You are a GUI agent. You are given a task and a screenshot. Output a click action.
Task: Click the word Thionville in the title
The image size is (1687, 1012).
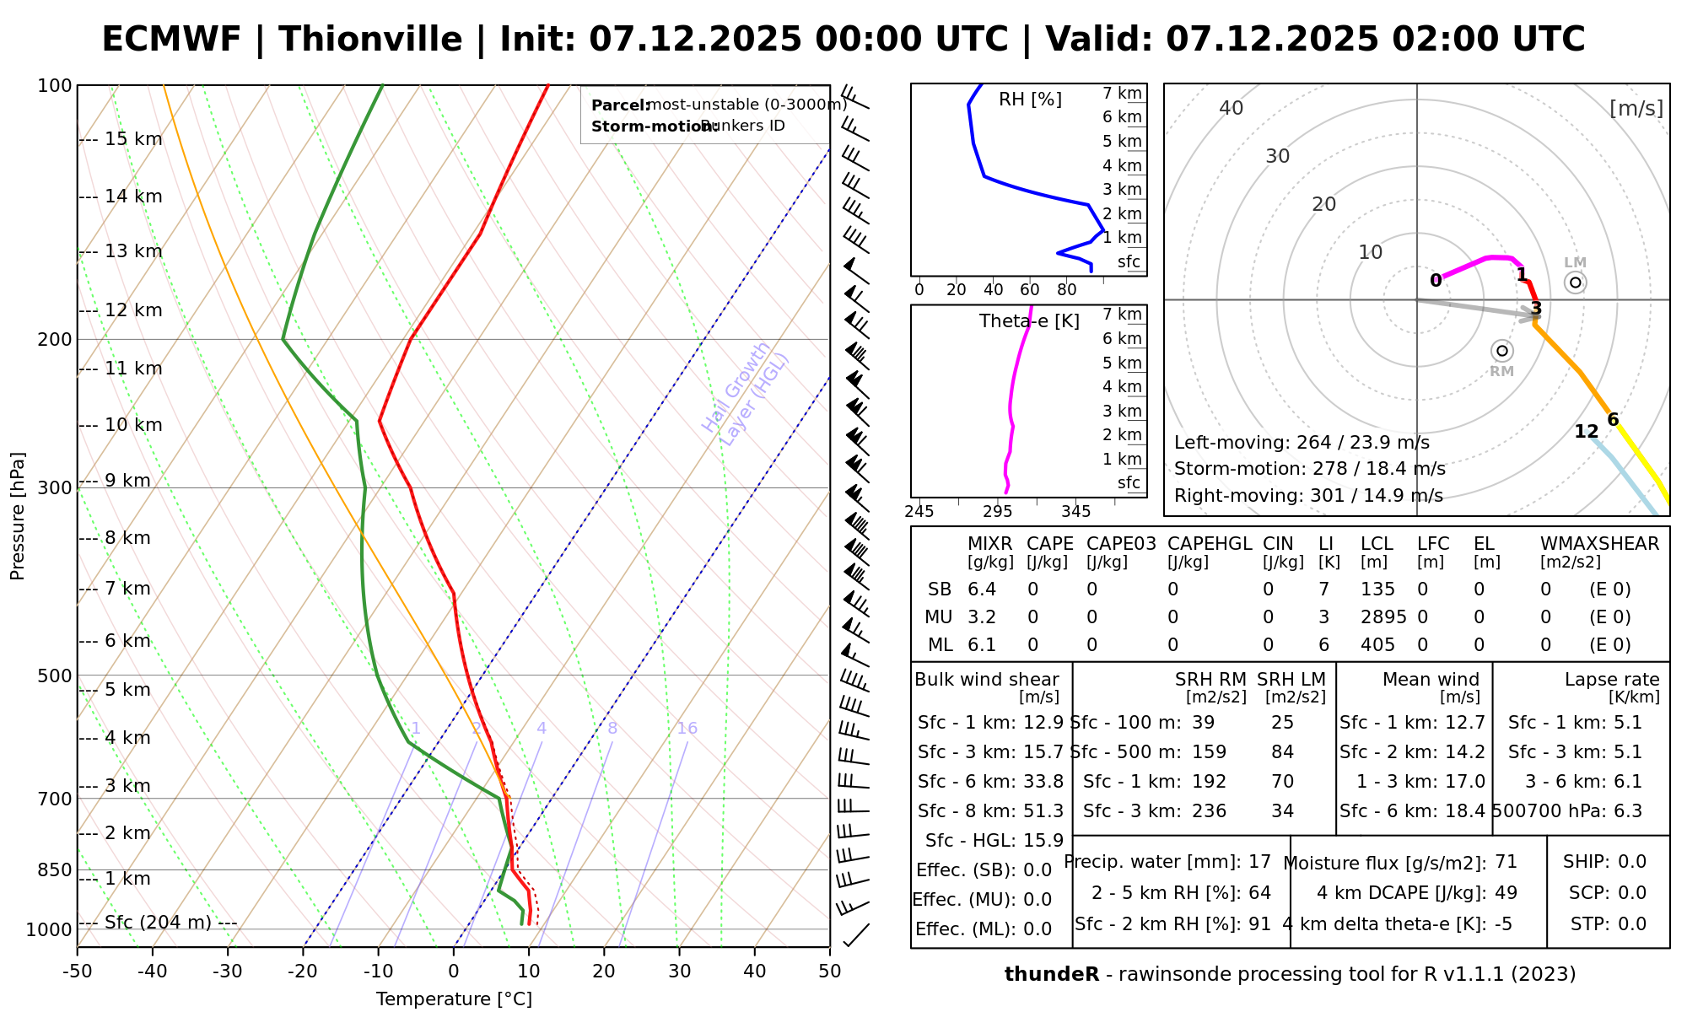pos(370,40)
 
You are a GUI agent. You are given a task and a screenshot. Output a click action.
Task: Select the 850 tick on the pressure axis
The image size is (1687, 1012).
pos(56,869)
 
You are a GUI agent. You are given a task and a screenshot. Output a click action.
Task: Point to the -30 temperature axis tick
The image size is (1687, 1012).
pos(228,972)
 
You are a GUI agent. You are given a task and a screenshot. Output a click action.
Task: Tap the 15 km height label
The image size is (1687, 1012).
pos(133,139)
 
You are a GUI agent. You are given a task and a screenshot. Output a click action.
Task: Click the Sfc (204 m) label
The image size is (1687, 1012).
pos(158,923)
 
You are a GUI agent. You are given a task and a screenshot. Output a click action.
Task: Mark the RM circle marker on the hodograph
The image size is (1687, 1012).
pos(1501,351)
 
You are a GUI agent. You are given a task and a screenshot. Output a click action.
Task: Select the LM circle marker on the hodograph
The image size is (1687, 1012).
pos(1575,283)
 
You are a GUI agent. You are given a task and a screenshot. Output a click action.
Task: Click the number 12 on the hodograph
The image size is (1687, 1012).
pos(1586,432)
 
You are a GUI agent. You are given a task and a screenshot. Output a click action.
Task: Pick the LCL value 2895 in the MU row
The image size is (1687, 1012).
pos(1383,617)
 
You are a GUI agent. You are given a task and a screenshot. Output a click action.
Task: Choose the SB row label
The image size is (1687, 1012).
pos(940,589)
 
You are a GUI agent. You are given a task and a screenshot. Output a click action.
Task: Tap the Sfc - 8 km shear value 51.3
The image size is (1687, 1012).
pos(1043,811)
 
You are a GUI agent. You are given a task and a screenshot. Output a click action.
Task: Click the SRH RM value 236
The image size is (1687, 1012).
pos(1209,811)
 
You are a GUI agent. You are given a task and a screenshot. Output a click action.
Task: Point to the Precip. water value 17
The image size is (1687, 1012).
pos(1259,862)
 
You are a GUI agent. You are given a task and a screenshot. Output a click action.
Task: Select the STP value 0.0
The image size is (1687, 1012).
pos(1632,924)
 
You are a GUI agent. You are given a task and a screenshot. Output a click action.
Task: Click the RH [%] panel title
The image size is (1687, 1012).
pos(1030,100)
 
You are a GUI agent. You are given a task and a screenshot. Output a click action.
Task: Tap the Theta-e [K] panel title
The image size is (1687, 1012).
pos(1029,321)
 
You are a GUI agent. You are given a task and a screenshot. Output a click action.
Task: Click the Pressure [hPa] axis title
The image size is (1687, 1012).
pos(18,516)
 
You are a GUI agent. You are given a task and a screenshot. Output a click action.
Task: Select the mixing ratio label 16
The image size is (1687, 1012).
pos(687,729)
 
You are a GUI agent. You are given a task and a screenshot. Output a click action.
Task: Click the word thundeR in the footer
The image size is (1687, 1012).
pos(1051,975)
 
